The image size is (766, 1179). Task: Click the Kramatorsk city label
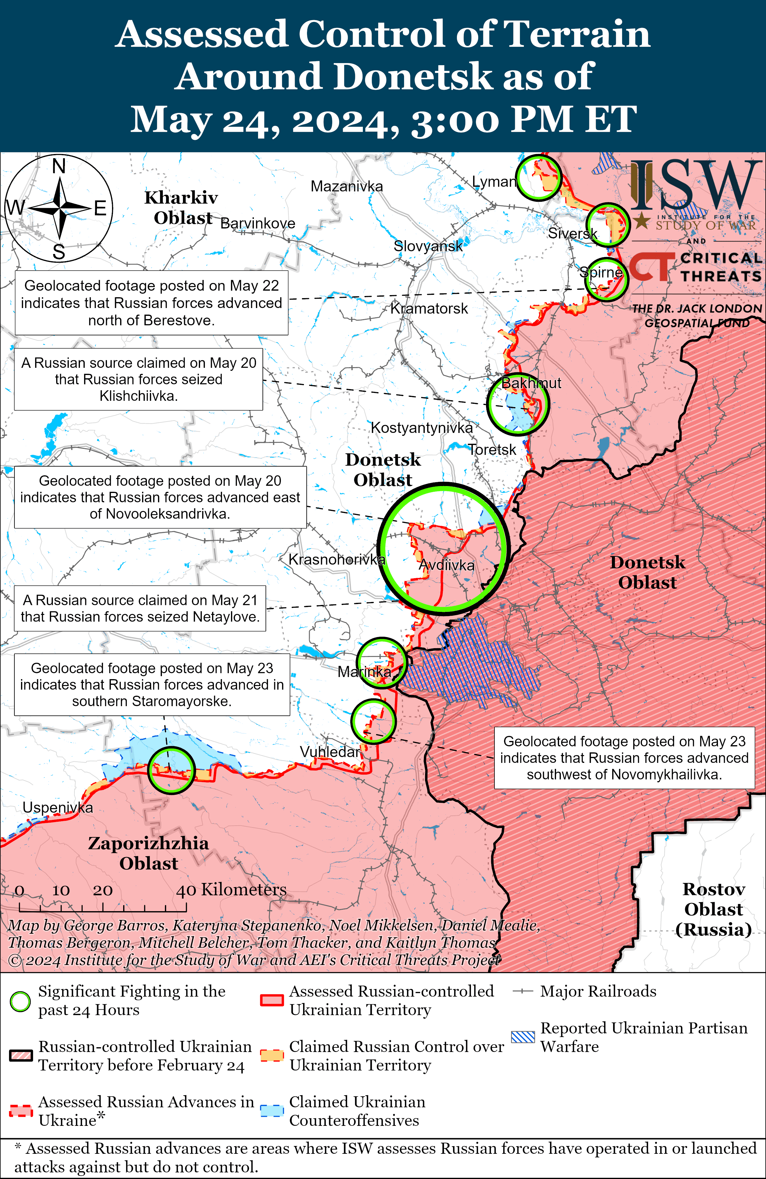pos(429,309)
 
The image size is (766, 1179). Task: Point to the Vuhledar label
pos(330,752)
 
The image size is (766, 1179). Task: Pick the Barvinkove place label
pos(257,223)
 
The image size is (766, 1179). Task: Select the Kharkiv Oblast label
pos(181,207)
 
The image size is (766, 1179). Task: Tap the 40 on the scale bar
pos(186,890)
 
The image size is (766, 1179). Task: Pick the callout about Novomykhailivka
pos(624,757)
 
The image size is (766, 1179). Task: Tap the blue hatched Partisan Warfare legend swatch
pos(523,1036)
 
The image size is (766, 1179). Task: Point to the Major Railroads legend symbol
pos(523,991)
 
